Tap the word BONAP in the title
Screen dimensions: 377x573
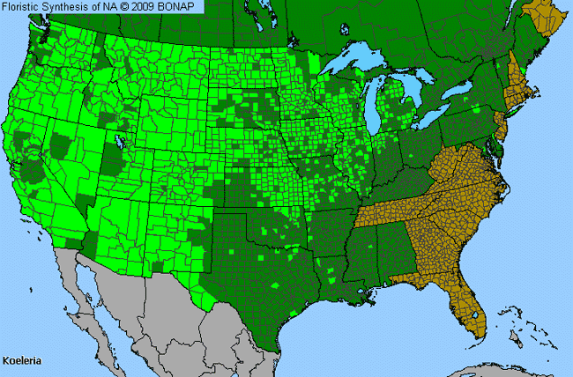click(182, 6)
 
